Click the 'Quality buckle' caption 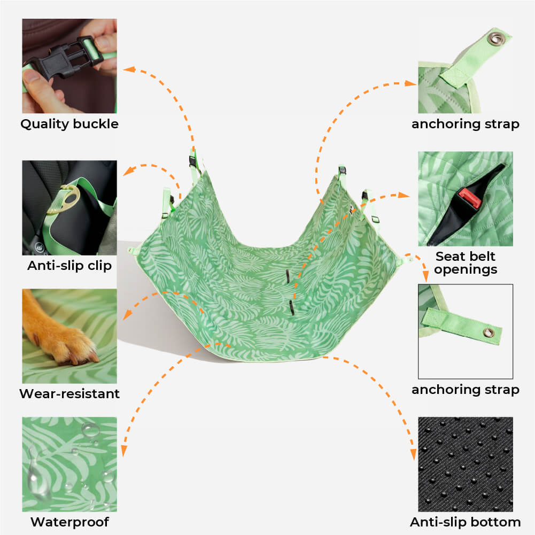click(x=69, y=124)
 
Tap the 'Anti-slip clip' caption click(x=69, y=266)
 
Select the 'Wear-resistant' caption click(x=69, y=394)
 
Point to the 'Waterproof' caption click(x=69, y=522)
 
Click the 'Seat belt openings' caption click(x=466, y=263)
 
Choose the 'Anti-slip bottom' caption click(x=466, y=522)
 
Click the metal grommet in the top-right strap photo click(x=495, y=38)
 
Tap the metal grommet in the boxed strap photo click(x=489, y=332)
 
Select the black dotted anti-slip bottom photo click(x=466, y=464)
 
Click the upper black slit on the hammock click(x=288, y=276)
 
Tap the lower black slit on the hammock click(x=292, y=308)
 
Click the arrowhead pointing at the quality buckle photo click(x=129, y=69)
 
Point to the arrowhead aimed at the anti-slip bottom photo click(x=414, y=454)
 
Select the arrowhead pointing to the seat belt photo click(x=404, y=195)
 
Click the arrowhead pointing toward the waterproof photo click(x=124, y=451)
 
